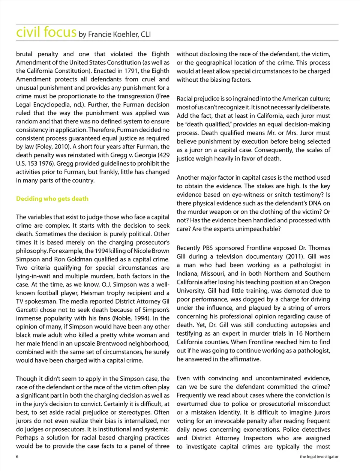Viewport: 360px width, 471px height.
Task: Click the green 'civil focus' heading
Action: (x=46, y=32)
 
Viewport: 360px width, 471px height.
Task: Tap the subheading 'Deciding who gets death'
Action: (x=52, y=199)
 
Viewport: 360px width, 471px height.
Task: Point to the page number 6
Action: (x=17, y=456)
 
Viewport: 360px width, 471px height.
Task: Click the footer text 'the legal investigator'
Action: (x=319, y=456)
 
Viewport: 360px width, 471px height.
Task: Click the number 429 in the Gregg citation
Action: (x=163, y=155)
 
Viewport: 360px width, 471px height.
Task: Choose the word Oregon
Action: (x=320, y=282)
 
